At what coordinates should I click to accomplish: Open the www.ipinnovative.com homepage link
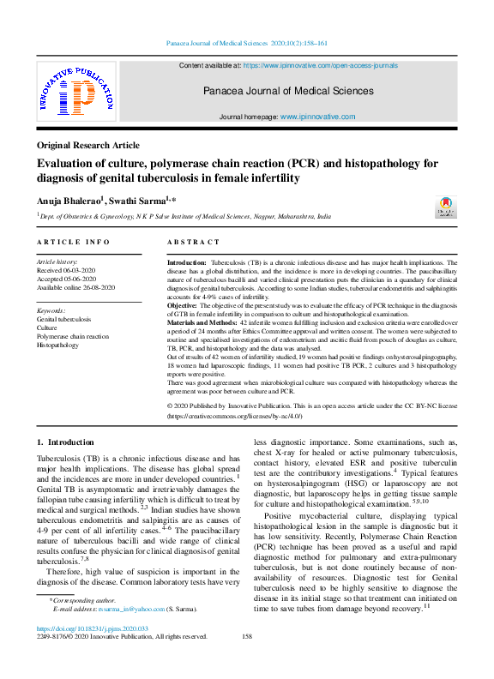(317, 117)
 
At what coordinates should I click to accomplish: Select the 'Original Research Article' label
(87, 146)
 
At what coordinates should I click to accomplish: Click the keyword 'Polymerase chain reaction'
(73, 336)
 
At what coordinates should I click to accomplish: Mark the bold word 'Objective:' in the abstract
(182, 305)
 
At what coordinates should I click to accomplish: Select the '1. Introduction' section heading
(65, 442)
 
